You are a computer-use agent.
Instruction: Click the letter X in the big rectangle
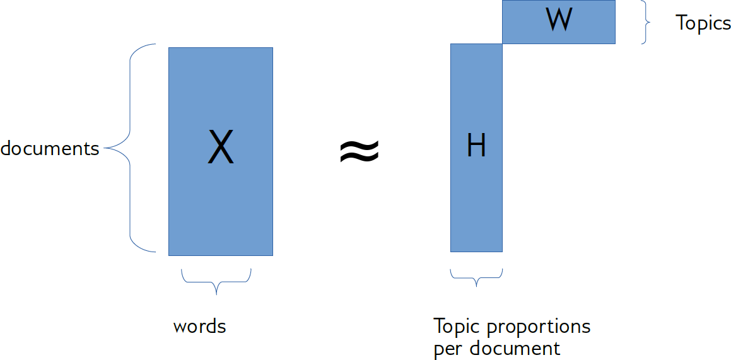[x=221, y=148]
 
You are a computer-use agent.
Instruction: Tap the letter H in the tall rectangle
[x=476, y=146]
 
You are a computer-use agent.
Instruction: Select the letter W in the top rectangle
[x=559, y=20]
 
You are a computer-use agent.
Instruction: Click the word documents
[x=50, y=149]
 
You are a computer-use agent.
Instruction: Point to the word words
[x=199, y=327]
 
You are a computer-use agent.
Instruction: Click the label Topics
[x=703, y=23]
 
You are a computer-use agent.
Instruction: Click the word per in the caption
[x=447, y=349]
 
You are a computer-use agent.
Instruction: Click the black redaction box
[x=349, y=141]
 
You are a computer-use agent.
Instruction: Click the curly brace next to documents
[x=129, y=148]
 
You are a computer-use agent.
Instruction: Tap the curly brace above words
[x=216, y=281]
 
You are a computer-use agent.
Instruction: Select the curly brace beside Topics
[x=645, y=22]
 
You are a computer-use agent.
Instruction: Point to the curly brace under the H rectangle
[x=476, y=277]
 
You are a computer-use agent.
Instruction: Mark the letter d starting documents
[x=6, y=149]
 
